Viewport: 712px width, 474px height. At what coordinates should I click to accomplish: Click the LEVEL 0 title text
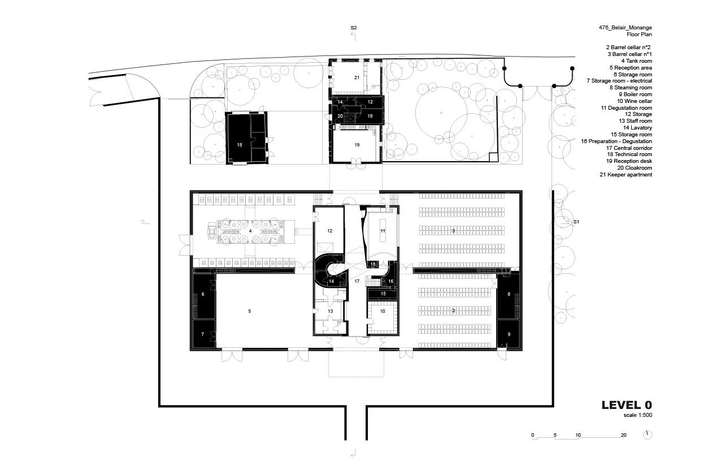coord(627,405)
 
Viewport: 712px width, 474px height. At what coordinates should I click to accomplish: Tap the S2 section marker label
coord(354,28)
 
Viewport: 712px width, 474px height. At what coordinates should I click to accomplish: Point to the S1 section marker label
coord(576,222)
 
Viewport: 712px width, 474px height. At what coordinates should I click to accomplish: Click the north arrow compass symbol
coord(648,435)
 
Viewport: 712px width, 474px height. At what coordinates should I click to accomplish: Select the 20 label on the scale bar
coord(623,435)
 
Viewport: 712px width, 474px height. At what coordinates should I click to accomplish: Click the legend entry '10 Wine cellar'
coord(635,101)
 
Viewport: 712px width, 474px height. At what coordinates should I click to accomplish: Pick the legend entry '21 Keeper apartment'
coord(626,175)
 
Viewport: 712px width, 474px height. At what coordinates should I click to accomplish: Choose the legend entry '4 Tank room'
coord(637,61)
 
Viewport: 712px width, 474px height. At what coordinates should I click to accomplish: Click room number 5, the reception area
coord(250,311)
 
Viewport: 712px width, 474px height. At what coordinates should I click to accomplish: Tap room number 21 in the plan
coord(357,77)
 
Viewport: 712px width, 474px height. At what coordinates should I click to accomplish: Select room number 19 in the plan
coord(357,145)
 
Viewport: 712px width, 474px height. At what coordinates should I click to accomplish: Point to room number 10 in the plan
coord(383,311)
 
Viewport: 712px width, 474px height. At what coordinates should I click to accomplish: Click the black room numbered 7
coord(204,334)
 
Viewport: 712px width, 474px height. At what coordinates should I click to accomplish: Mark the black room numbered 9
coord(509,334)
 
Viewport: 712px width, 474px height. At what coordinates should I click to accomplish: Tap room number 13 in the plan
coord(330,311)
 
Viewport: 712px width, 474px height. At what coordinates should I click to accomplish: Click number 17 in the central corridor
coord(357,281)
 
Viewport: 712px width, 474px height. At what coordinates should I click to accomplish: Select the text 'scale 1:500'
coord(637,415)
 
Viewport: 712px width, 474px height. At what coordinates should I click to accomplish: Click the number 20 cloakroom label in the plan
coord(340,116)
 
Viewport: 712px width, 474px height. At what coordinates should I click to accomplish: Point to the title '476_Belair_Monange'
coord(625,28)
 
